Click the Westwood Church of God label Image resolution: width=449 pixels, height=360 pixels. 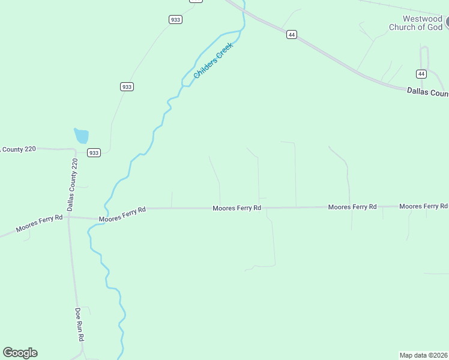[415, 23]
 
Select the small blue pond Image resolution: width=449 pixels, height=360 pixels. [82, 136]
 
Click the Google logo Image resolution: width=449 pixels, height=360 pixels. [20, 353]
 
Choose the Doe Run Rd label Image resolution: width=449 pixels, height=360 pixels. [79, 325]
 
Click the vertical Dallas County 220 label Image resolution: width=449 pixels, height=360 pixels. [72, 185]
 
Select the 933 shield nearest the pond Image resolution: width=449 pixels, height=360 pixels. [94, 153]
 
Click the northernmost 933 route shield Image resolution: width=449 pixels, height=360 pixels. [175, 20]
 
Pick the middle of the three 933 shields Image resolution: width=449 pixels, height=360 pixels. [127, 87]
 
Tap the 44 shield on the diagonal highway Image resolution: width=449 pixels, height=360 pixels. [291, 35]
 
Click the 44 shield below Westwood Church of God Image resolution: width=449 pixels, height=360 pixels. [421, 74]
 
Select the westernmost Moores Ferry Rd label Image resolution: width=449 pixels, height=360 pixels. [39, 224]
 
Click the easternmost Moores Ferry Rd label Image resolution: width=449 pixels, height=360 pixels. [423, 206]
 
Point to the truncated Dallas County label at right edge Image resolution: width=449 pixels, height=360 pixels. [427, 92]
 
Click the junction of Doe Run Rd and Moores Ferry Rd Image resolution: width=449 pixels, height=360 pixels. [69, 217]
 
